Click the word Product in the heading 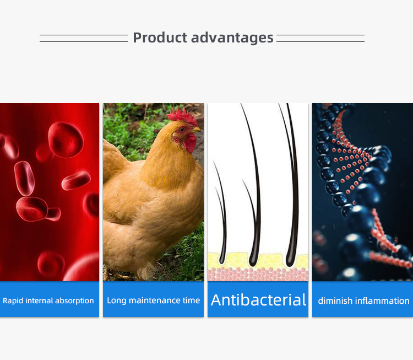pos(160,37)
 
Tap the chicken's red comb pos(182,116)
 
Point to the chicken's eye pos(182,130)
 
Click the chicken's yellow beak pos(195,130)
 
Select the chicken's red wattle pos(190,143)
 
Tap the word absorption pos(74,300)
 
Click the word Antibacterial pos(258,300)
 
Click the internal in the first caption pos(39,300)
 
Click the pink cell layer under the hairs pos(258,275)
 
